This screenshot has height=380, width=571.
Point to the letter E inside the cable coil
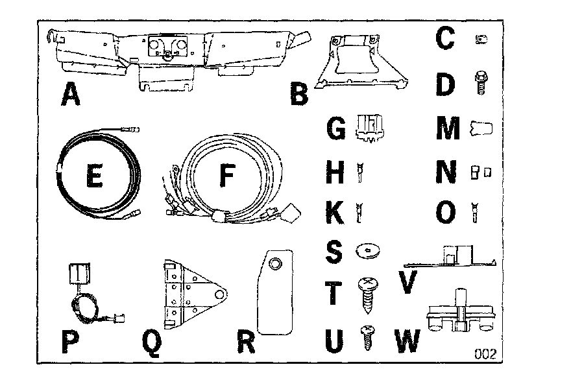coord(94,176)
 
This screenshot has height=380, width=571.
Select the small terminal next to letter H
coord(359,173)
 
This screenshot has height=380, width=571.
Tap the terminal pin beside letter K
coord(359,211)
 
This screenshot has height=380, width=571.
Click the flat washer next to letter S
coord(368,250)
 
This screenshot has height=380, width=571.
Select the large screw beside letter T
coord(367,290)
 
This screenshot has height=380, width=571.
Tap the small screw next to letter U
coord(368,336)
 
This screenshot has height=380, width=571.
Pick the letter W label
coord(407,341)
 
